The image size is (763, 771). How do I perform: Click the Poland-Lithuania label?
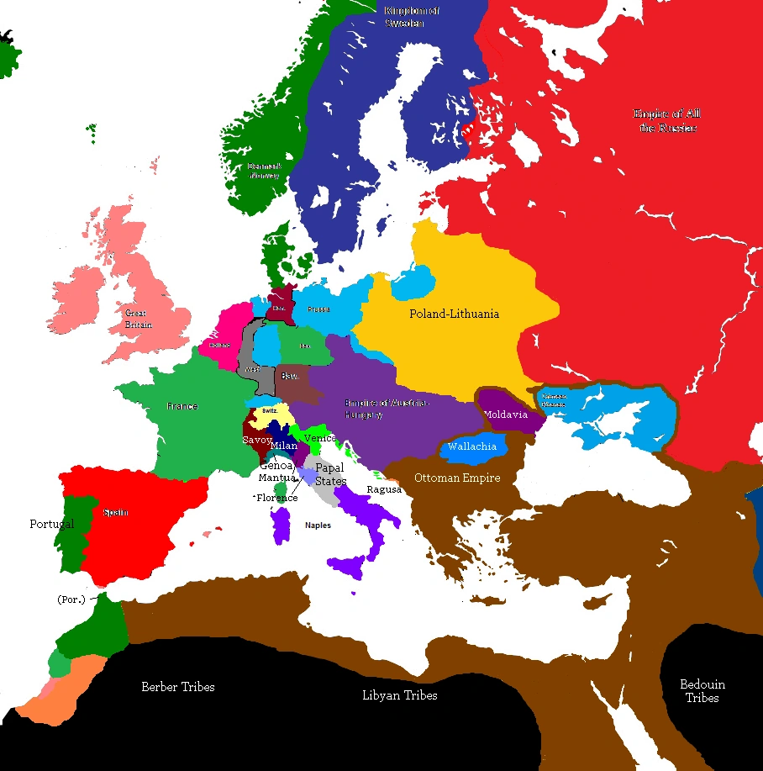coord(454,314)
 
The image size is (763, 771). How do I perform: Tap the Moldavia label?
coord(505,415)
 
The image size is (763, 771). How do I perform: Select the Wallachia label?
coord(472,446)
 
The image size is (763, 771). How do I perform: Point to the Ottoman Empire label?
coord(457,478)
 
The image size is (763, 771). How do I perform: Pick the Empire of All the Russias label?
coord(667,120)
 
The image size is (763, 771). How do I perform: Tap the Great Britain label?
coord(135,319)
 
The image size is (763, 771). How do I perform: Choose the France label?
coord(182,406)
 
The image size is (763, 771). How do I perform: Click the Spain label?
coord(115,512)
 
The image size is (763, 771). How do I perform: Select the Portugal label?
coord(51,524)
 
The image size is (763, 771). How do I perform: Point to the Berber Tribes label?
coord(177,687)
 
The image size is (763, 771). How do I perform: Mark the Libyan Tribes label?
coord(399,695)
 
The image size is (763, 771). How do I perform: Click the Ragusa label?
coord(383,489)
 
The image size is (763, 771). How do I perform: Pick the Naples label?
coord(318,525)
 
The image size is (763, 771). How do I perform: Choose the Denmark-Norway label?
coord(264,172)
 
